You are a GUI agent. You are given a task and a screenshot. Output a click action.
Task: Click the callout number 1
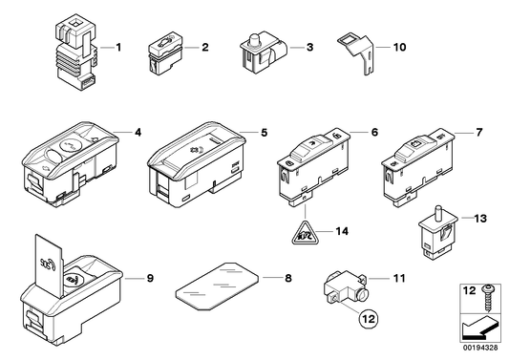pos(118,48)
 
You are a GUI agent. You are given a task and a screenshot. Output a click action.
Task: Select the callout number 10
pos(399,47)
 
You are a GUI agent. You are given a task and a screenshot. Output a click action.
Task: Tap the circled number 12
pos(369,319)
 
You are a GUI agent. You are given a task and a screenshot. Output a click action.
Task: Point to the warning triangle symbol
pos(305,232)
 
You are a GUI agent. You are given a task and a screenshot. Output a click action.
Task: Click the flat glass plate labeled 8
pos(217,286)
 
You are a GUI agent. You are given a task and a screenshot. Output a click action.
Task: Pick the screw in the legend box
pos(487,297)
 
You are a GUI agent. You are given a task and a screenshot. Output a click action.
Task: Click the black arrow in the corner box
pos(479,328)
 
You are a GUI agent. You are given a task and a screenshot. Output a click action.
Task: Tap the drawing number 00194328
pos(480,348)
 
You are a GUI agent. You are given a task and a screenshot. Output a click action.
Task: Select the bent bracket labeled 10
pos(357,52)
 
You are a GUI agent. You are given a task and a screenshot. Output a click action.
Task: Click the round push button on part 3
pos(254,40)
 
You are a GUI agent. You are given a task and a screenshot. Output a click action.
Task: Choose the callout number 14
pos(342,231)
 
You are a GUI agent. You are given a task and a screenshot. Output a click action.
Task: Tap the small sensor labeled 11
pos(346,288)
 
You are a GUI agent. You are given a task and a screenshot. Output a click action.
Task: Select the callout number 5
pos(265,133)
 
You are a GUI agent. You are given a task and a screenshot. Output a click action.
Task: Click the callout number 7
pos(479,133)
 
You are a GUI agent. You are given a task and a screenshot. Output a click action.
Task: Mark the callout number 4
pos(138,133)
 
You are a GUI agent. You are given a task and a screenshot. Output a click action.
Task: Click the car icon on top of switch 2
pos(163,42)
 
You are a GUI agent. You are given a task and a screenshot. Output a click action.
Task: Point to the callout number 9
pos(150,278)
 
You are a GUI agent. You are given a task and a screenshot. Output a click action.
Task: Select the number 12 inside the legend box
pos(469,290)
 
